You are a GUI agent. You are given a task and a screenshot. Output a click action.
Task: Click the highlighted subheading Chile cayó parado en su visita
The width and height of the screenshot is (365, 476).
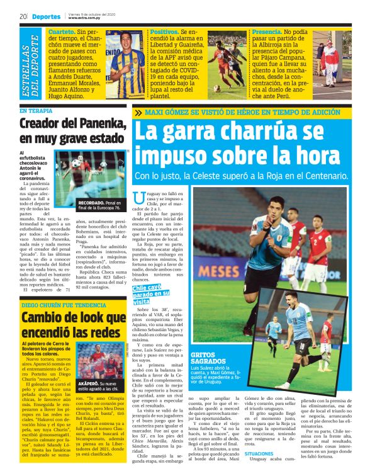point(150,294)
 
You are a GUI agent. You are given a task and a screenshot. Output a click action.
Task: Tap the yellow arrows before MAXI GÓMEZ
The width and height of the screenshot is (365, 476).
point(138,113)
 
